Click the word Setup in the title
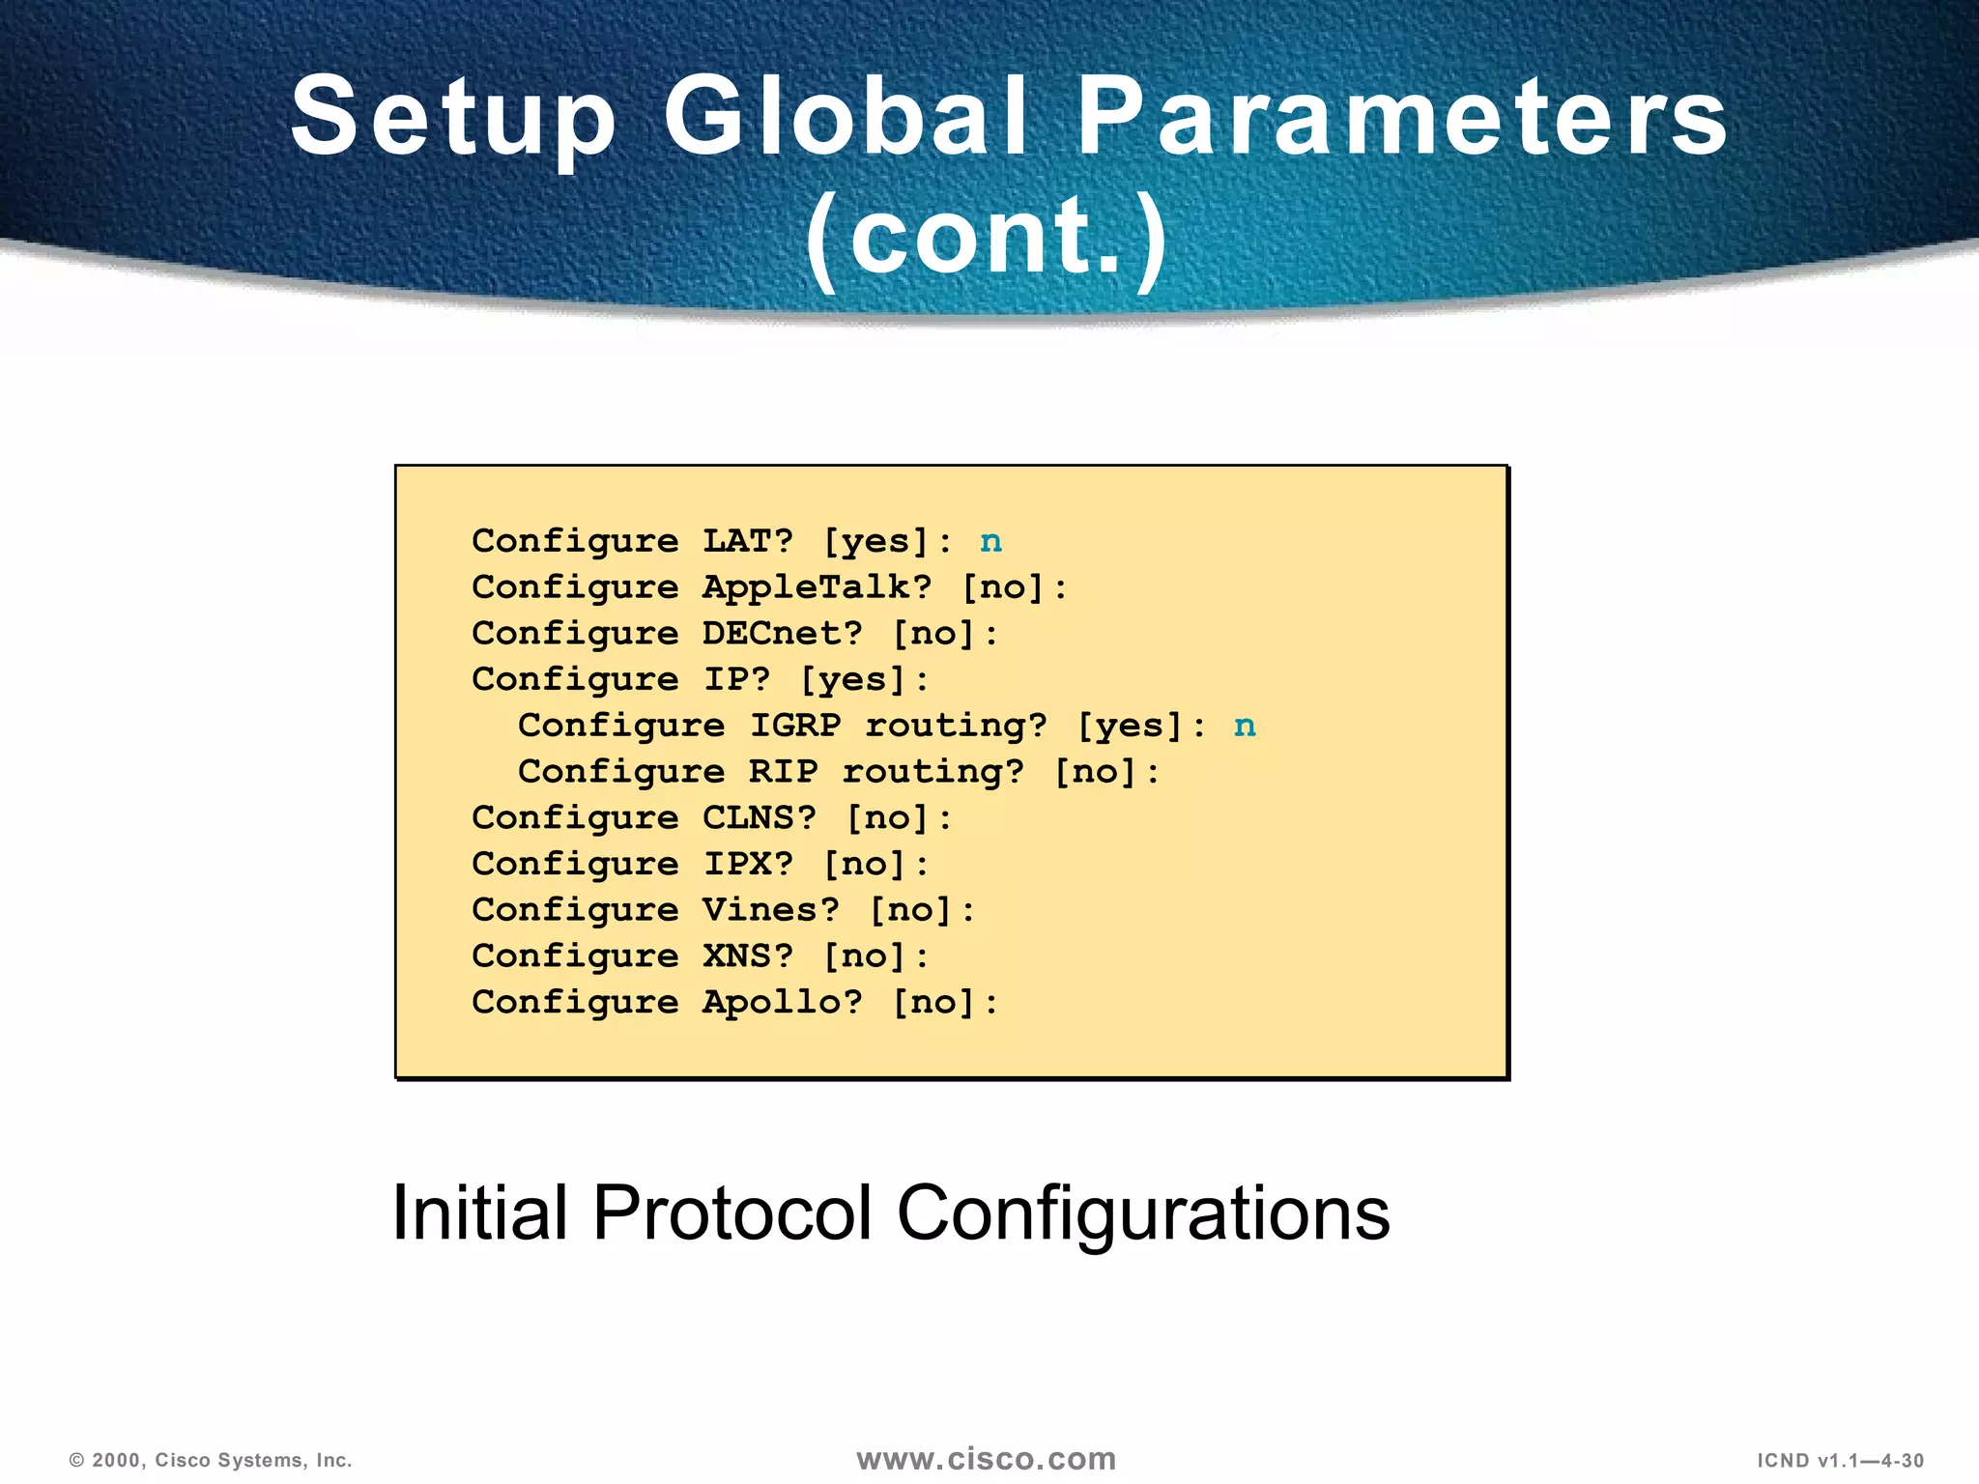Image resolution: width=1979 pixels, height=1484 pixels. [453, 118]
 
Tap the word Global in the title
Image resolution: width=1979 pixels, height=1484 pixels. [846, 118]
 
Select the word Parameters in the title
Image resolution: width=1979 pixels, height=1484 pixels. [1401, 118]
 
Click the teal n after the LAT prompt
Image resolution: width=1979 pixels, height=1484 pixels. [990, 542]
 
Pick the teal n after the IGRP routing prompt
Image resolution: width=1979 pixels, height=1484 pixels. [1245, 727]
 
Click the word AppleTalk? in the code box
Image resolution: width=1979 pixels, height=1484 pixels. [817, 587]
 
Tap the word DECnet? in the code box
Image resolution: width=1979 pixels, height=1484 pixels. [783, 634]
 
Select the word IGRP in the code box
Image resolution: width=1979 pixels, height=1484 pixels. [795, 726]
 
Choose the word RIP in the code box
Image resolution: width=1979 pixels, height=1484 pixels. [783, 772]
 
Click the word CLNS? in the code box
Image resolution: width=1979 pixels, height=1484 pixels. [760, 818]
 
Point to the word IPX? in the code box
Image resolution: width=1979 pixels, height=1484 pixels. [748, 864]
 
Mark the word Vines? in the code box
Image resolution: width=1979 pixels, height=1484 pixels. [771, 910]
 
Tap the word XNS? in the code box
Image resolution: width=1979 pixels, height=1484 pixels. [748, 956]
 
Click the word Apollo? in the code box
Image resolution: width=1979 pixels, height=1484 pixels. [783, 1002]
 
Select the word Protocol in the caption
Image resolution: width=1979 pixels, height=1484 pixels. [731, 1213]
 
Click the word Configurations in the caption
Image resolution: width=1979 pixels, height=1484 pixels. [1143, 1213]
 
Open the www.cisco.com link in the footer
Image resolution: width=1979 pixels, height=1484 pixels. [986, 1459]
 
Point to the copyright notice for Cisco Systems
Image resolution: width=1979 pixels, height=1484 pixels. [211, 1461]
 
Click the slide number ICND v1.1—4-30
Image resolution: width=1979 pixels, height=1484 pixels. [1840, 1461]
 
